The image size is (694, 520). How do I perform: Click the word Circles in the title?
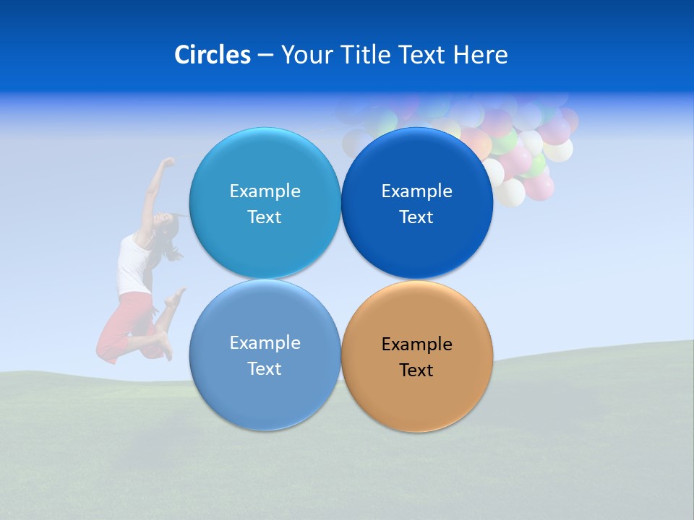[212, 55]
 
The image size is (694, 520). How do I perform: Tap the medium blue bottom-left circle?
[265, 397]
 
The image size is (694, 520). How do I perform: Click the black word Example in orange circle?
[416, 344]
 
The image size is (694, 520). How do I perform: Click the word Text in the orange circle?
[416, 370]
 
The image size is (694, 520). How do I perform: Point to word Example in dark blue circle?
[416, 191]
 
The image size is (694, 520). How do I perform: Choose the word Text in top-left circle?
[265, 217]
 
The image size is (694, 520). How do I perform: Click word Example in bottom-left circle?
[265, 343]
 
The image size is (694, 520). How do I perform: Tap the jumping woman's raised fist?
[168, 162]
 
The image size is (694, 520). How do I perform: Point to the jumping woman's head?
[166, 230]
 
